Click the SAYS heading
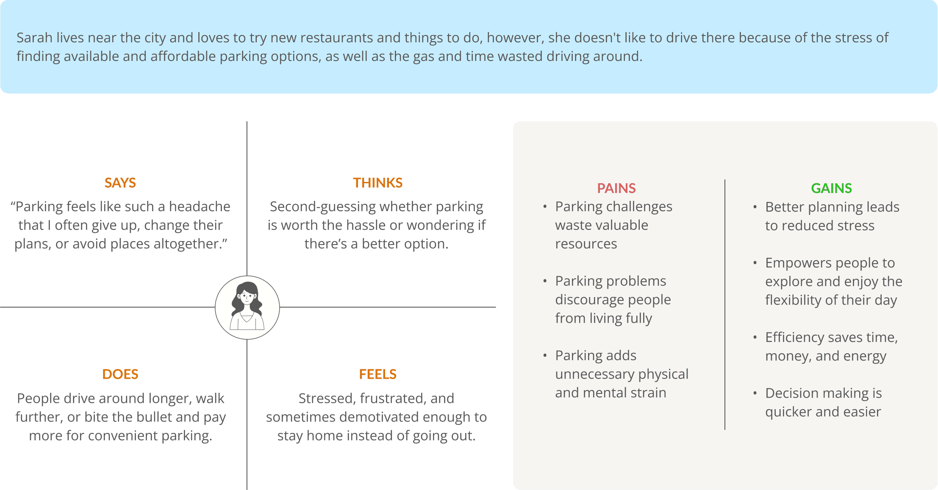point(120,183)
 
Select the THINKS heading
point(377,183)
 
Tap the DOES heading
point(120,374)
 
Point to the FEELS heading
point(377,374)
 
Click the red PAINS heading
point(616,188)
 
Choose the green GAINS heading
point(831,188)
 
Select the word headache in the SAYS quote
point(199,206)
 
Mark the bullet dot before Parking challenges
point(545,207)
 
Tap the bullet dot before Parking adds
point(545,356)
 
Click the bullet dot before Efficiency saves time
point(755,338)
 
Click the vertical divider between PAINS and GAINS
point(725,305)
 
